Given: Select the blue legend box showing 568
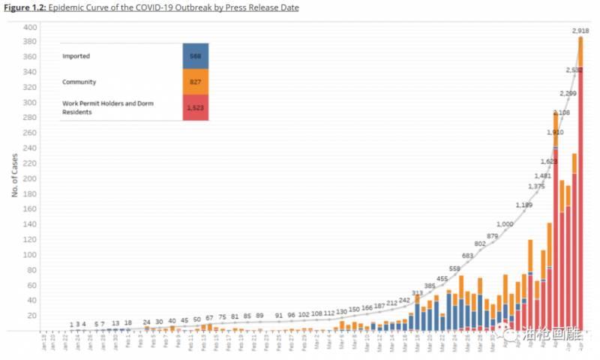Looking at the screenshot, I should (196, 55).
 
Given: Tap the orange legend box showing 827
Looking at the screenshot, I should (196, 82).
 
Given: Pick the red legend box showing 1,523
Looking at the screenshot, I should (196, 107).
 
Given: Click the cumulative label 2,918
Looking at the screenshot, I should (580, 31).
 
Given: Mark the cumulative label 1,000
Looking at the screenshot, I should (505, 223).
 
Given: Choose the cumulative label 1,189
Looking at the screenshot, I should (525, 205).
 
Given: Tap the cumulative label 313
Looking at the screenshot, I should (418, 292).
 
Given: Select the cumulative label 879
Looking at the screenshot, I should (491, 236).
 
